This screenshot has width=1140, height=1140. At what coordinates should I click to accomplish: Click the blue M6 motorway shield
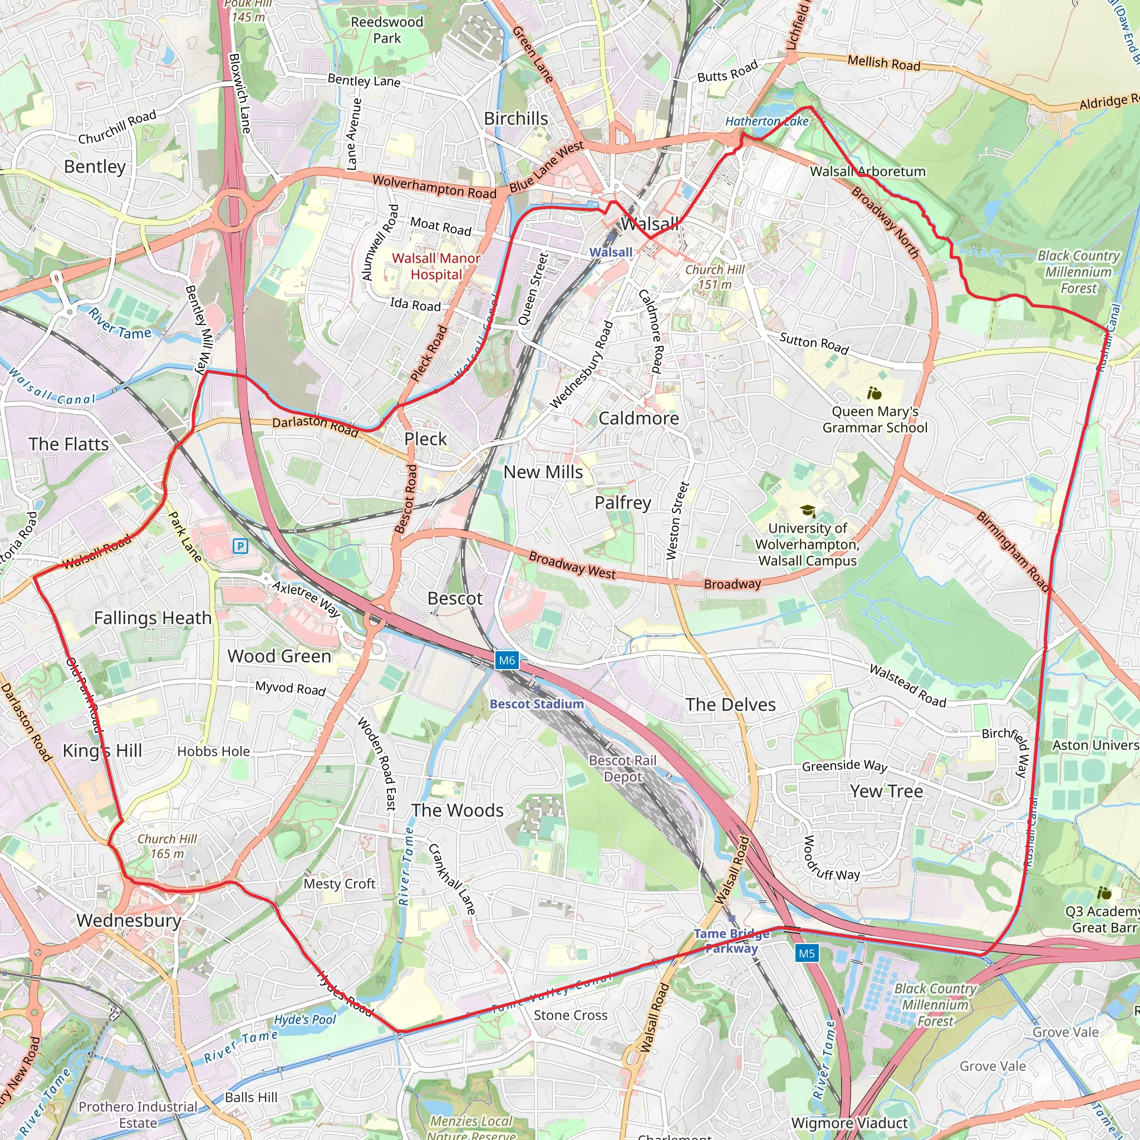click(x=507, y=660)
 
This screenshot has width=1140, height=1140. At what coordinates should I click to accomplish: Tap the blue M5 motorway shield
click(x=806, y=953)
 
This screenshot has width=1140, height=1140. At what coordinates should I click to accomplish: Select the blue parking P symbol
click(x=239, y=546)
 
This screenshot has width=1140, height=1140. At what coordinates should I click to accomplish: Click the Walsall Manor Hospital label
click(x=436, y=266)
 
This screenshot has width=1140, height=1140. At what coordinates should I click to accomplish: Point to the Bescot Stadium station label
click(x=537, y=704)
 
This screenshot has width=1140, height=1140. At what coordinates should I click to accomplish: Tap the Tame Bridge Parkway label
click(x=731, y=941)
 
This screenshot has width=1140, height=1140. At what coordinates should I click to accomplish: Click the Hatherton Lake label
click(x=766, y=121)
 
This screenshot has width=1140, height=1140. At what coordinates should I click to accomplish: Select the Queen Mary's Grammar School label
click(x=874, y=420)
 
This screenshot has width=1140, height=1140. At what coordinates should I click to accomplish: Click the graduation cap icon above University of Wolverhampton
click(x=807, y=510)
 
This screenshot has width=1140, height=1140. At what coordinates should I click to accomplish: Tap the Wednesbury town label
click(x=129, y=920)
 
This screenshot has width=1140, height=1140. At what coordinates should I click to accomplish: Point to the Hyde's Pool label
click(x=304, y=1020)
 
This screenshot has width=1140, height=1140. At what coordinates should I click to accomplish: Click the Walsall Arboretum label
click(x=867, y=171)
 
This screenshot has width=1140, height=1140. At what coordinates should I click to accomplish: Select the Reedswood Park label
click(x=386, y=30)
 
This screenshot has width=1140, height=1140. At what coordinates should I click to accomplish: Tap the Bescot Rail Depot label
click(x=622, y=768)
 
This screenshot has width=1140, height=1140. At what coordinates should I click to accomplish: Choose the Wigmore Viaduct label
click(x=849, y=1123)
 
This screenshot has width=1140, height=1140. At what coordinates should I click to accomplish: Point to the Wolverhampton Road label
click(x=434, y=187)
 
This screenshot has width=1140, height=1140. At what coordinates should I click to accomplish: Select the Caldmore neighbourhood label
click(x=638, y=419)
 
